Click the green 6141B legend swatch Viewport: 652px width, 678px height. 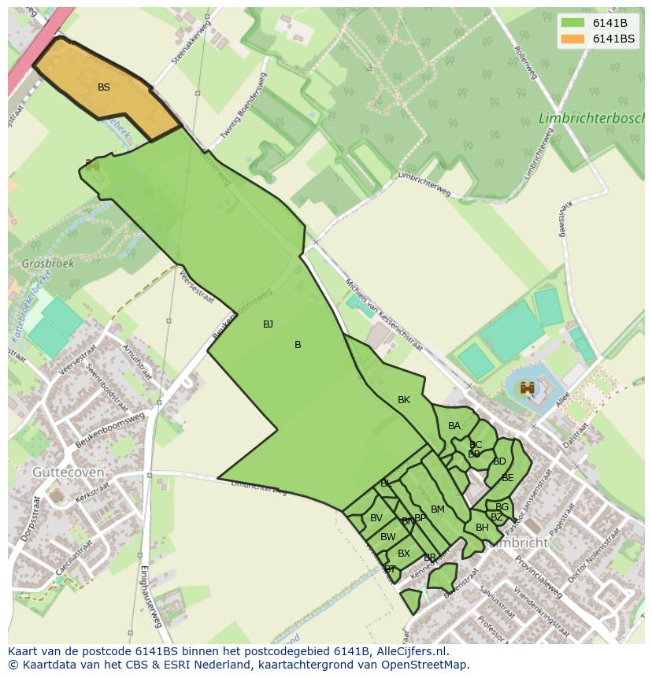point(573,22)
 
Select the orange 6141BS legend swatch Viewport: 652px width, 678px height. point(573,39)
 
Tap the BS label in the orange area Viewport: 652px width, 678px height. point(104,87)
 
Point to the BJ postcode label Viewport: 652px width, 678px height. point(268,324)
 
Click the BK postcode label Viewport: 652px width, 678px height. point(404,400)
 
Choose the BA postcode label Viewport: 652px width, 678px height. point(454,426)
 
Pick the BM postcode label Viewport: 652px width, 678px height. point(438,509)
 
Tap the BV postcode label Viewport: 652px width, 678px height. point(376,518)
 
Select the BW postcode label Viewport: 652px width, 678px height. point(388,537)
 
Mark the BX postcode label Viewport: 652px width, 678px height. point(404,554)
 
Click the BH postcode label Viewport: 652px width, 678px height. point(482,528)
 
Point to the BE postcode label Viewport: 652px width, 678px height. point(508,478)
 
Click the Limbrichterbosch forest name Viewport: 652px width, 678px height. point(591,118)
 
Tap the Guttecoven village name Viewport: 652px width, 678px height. point(69,472)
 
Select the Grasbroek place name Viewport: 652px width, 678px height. point(48,264)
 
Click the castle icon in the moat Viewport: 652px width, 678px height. point(528,387)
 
